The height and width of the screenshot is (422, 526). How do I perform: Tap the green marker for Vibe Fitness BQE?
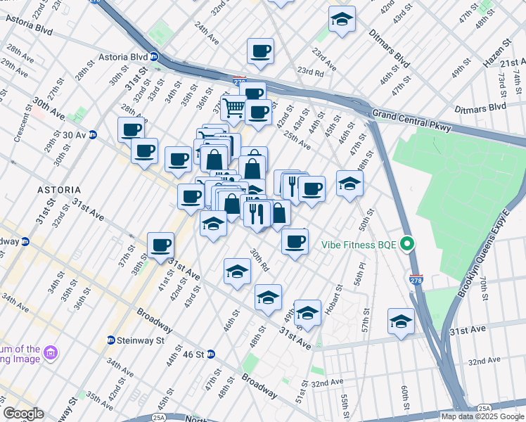(x=406, y=245)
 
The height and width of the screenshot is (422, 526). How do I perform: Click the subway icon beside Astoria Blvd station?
(x=153, y=57)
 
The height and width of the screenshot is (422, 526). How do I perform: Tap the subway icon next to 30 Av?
(x=93, y=135)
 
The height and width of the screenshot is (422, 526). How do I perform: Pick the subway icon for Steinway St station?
(x=111, y=340)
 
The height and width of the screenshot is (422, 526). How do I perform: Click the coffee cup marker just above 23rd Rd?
(x=260, y=51)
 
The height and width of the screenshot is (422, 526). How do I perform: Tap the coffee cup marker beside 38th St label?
(x=161, y=245)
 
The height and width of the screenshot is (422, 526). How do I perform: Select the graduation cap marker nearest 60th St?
(x=401, y=321)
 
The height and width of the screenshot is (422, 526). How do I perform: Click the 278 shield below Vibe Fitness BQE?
(x=417, y=281)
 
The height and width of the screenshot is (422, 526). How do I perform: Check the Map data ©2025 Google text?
(x=482, y=416)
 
